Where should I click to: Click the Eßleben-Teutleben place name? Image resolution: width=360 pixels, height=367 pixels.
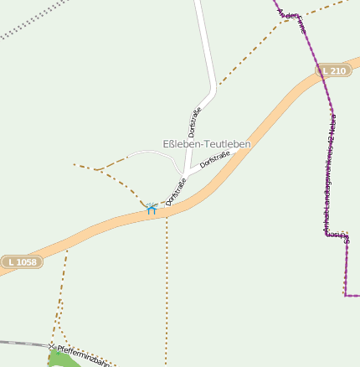click(207, 145)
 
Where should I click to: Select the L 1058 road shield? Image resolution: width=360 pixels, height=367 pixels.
click(20, 262)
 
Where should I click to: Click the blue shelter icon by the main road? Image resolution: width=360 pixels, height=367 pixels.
click(152, 208)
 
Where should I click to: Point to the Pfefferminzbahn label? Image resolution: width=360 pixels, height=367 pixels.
click(83, 356)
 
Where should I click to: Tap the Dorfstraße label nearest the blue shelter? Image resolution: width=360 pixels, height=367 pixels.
click(176, 192)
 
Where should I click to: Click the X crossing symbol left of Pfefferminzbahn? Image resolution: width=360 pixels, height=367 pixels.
click(51, 346)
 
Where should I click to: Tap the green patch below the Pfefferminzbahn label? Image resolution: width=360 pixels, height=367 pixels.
click(60, 360)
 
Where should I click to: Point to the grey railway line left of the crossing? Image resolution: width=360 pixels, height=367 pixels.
click(21, 343)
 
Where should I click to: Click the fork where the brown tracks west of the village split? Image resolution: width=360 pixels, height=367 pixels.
click(102, 170)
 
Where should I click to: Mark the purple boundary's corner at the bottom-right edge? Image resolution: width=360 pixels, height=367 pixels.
click(345, 295)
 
